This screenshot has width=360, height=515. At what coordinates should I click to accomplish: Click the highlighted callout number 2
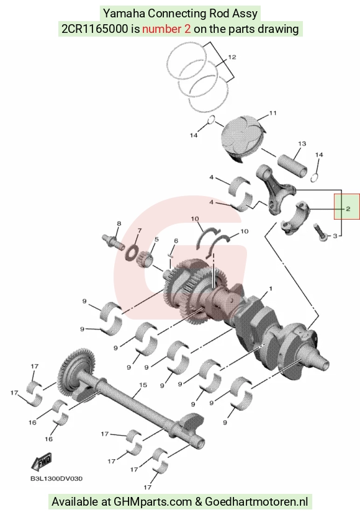[348, 208]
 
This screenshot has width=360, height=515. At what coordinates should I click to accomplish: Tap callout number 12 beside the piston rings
[232, 57]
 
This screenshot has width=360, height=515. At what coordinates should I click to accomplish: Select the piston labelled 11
[241, 138]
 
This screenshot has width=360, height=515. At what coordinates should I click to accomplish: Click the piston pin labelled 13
[293, 164]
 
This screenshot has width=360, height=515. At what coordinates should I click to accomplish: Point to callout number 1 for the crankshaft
[271, 289]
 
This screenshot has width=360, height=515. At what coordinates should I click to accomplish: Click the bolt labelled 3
[320, 232]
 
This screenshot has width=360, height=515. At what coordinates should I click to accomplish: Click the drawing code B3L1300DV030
[56, 478]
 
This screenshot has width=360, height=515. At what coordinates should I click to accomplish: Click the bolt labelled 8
[114, 242]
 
